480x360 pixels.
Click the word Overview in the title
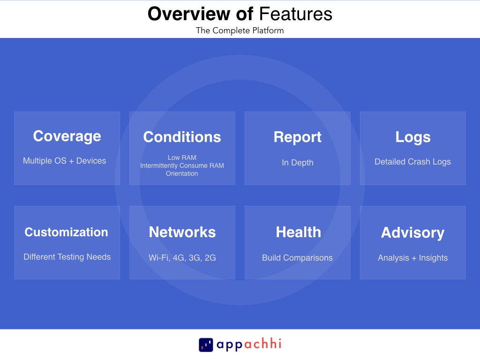(189, 14)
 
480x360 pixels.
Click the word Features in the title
(296, 14)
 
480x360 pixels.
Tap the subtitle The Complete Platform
(240, 30)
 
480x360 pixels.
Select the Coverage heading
(67, 136)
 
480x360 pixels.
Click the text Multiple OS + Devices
(65, 161)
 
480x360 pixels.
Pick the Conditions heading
(182, 137)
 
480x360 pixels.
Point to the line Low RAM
(182, 157)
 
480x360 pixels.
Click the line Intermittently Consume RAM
(182, 165)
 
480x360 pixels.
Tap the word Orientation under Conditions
(182, 173)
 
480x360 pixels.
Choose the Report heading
(298, 137)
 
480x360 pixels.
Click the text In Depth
(298, 163)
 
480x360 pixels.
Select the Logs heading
(413, 137)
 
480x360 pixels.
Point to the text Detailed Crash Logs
(412, 162)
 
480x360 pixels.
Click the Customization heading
(67, 232)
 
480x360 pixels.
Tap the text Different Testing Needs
(67, 257)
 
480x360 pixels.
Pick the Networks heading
(182, 232)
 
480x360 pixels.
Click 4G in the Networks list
(179, 258)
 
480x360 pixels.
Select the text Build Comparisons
(297, 258)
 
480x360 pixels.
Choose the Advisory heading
(412, 232)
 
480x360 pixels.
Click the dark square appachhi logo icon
(206, 345)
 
